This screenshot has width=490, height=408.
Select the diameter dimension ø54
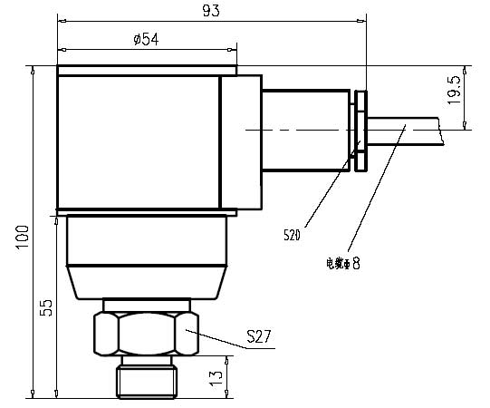tap(147, 39)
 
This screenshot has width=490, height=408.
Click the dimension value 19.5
tap(456, 92)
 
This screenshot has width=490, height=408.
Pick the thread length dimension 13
tap(216, 376)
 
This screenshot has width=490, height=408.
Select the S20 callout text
tap(292, 235)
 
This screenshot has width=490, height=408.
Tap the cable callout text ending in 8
tap(342, 264)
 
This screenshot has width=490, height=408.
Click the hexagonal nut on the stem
tap(145, 334)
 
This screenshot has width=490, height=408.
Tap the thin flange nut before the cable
tap(361, 131)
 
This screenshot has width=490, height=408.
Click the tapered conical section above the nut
tap(145, 282)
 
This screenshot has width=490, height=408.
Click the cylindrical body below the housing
tap(145, 240)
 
